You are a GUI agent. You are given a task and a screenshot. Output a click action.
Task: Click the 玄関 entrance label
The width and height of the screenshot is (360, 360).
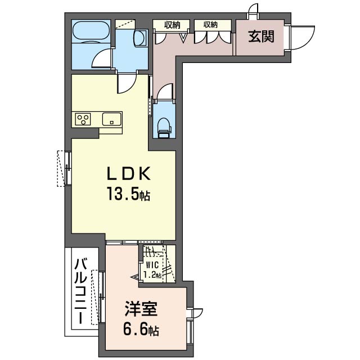pos(261,37)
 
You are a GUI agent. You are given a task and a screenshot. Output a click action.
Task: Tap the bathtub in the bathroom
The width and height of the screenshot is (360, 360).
pos(91,31)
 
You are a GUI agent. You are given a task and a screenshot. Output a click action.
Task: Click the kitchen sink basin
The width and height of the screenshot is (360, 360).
pos(111,119)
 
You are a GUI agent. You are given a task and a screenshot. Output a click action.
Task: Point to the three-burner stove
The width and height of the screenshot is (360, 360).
pos(83,119)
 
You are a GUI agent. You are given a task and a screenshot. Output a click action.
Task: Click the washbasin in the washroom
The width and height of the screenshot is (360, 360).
pos(140,38)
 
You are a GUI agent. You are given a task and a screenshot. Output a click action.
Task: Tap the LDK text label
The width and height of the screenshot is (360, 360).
pos(129,174)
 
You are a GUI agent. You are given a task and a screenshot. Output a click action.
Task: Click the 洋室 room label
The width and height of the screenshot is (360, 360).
pos(141,309)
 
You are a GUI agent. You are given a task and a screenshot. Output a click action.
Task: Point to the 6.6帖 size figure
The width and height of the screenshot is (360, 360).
pos(141,330)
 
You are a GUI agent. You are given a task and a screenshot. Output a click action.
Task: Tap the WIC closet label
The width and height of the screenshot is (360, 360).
pos(152,265)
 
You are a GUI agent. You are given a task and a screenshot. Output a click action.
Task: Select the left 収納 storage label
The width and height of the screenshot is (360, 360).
pos(172,25)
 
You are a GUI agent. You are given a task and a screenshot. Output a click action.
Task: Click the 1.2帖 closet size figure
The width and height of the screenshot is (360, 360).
pos(152,274)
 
